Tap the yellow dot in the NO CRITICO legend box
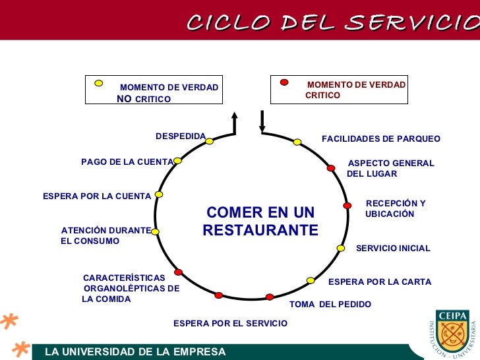tap(99, 83)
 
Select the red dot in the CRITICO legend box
tap(284, 82)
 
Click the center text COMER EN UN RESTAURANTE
tap(260, 222)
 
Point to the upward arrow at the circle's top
tap(234, 123)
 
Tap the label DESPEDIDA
tap(181, 136)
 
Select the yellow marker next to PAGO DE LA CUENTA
tap(177, 160)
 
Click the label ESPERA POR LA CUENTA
tap(97, 196)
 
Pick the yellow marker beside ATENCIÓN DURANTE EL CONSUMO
tap(156, 231)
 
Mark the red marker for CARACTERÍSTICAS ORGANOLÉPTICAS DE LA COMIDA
tap(178, 272)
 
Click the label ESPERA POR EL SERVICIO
tap(230, 323)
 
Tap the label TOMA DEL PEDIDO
tap(330, 305)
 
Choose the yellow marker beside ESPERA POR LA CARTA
tap(311, 280)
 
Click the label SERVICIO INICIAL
tap(393, 249)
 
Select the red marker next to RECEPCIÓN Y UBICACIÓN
tap(347, 206)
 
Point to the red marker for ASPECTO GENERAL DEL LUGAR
tap(331, 168)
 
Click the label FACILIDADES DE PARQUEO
tap(381, 139)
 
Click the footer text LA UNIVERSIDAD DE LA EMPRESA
tap(135, 352)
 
